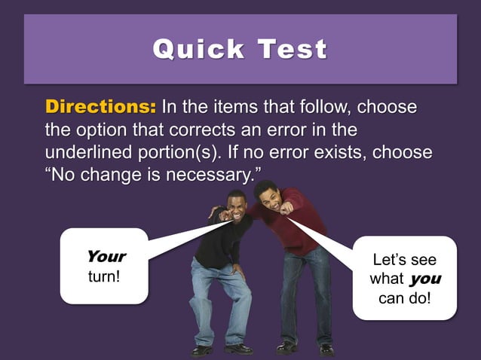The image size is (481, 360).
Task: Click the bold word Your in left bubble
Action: pyautogui.click(x=106, y=256)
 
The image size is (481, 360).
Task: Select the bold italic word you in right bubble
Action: pyautogui.click(x=426, y=279)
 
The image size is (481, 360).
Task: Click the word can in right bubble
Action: pyautogui.click(x=392, y=298)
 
